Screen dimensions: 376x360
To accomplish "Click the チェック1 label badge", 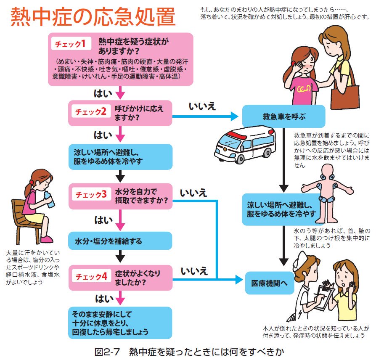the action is point(71,43).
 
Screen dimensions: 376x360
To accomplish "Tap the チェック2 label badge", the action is point(91,111).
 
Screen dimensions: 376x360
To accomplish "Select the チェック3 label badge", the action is point(91,194).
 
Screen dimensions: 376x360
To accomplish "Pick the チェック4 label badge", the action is point(91,276).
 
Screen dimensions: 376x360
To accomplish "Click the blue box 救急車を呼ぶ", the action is point(283,116).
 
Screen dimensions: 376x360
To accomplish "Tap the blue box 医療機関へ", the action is point(269,283).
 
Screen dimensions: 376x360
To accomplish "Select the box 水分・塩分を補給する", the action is point(120,241).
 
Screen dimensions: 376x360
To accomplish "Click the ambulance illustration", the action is point(245,144).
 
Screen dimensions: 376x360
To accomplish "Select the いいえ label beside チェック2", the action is point(202,106).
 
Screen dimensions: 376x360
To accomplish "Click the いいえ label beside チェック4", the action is point(194,271).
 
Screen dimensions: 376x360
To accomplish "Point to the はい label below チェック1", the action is point(103,93).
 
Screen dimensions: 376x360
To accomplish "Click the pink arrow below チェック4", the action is point(120,298).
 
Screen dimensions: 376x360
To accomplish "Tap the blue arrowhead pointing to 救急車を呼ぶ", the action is point(234,116).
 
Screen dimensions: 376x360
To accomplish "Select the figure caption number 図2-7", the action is point(107,352).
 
